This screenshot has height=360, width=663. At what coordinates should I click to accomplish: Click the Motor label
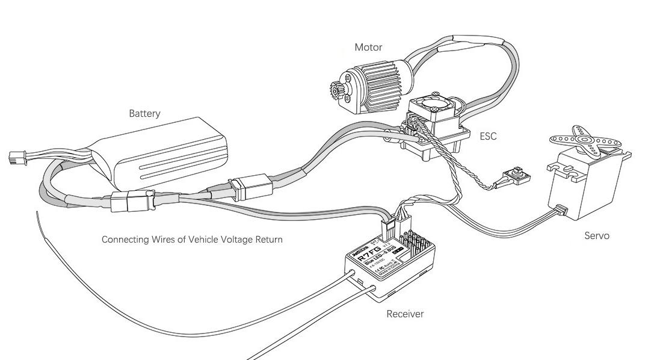[368, 47]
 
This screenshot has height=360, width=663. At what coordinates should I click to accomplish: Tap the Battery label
[144, 113]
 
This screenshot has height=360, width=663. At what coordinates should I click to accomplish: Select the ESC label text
[488, 136]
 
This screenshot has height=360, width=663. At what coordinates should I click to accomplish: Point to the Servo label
[597, 235]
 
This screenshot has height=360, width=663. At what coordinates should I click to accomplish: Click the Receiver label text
[405, 314]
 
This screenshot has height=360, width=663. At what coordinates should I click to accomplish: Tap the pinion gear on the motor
[335, 90]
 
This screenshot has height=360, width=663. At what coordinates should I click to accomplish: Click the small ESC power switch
[517, 175]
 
